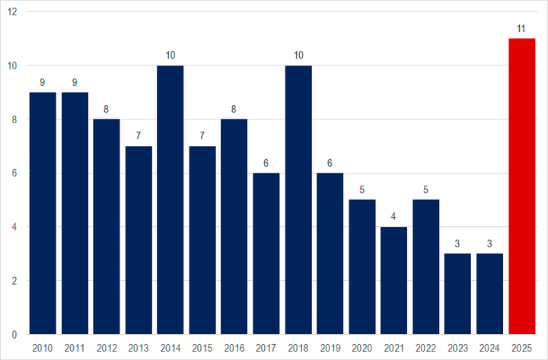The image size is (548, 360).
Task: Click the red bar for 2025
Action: [522, 186]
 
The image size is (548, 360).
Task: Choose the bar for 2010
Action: [43, 213]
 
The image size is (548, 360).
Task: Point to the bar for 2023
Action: [458, 294]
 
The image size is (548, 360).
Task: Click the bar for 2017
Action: [266, 253]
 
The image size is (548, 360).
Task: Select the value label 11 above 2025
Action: [522, 28]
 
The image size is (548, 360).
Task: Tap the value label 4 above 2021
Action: [394, 217]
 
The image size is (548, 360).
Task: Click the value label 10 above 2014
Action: [170, 56]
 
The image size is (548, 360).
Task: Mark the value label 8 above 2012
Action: [107, 109]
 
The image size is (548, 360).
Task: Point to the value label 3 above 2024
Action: [490, 244]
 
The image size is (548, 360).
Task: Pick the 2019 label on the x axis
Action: [330, 348]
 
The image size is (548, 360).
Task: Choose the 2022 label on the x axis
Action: [426, 348]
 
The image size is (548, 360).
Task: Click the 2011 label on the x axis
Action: [75, 348]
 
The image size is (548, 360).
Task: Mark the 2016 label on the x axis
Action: [234, 348]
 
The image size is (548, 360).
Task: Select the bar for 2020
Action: [362, 266]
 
